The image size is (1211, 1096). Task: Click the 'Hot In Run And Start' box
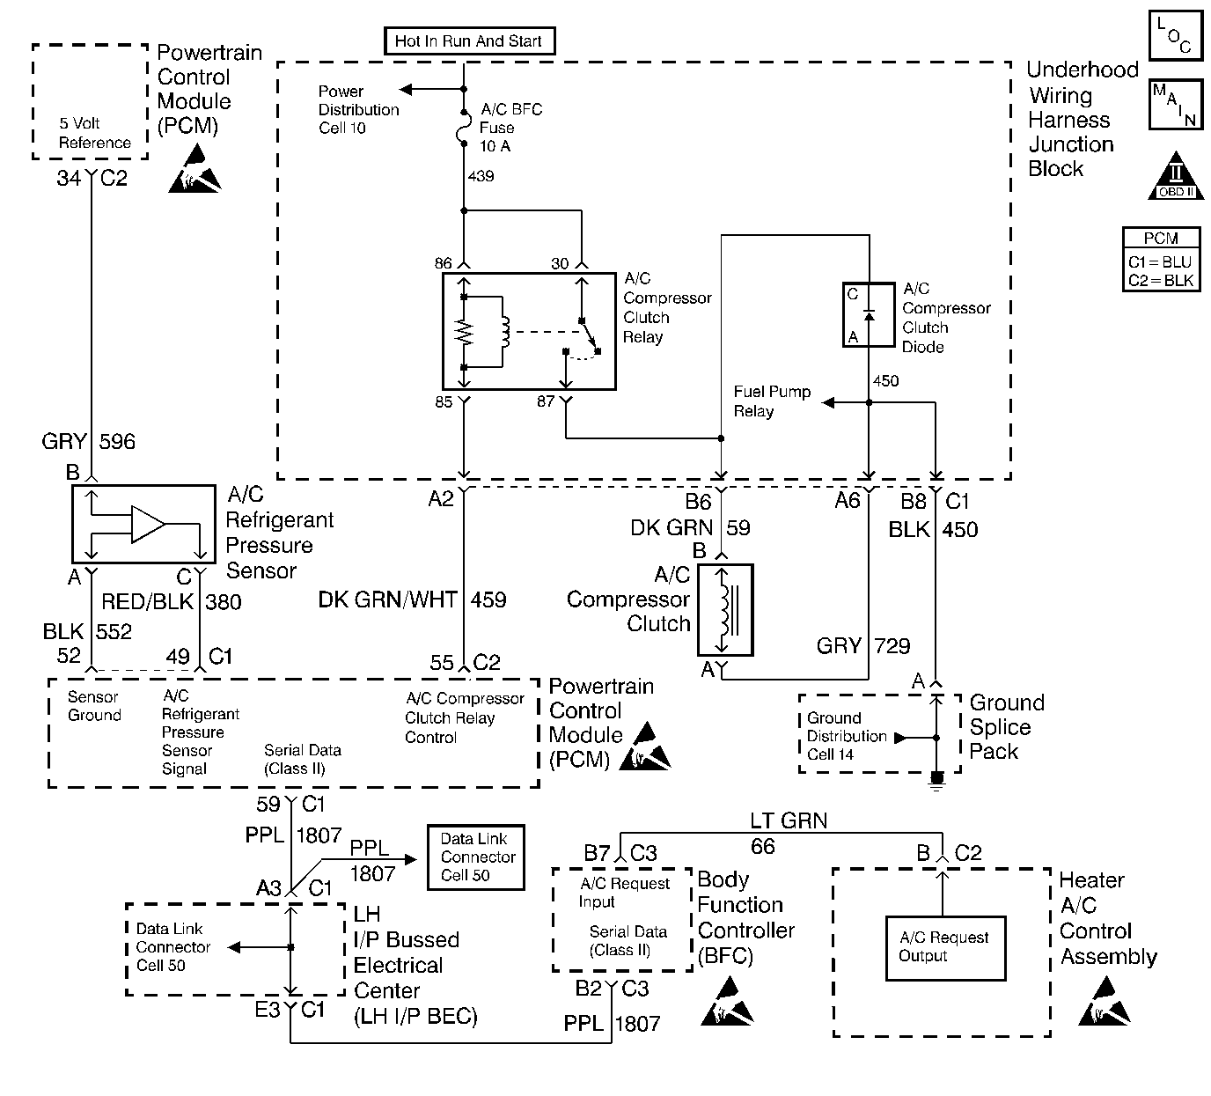pyautogui.click(x=469, y=41)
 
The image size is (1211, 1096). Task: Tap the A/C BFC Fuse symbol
pyautogui.click(x=464, y=133)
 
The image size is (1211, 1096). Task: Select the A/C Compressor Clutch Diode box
pyautogui.click(x=869, y=314)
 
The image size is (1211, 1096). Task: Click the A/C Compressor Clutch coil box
pyautogui.click(x=725, y=610)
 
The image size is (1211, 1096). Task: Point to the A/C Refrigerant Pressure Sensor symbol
pyautogui.click(x=143, y=524)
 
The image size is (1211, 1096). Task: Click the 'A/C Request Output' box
pyautogui.click(x=945, y=947)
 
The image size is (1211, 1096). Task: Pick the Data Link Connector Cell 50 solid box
pyautogui.click(x=474, y=857)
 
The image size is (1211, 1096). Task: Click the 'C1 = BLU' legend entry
pyautogui.click(x=1160, y=262)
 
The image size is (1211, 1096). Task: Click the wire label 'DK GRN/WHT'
pyautogui.click(x=387, y=599)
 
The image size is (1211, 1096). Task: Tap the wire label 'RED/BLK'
pyautogui.click(x=149, y=602)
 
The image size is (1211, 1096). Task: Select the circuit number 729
pyautogui.click(x=892, y=646)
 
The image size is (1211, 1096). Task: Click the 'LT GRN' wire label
pyautogui.click(x=789, y=821)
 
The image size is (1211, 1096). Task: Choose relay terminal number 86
pyautogui.click(x=443, y=263)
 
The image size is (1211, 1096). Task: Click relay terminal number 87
pyautogui.click(x=546, y=401)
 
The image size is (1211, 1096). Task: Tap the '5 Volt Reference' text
pyautogui.click(x=95, y=133)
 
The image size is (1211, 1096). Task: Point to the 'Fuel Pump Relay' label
pyautogui.click(x=772, y=401)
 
